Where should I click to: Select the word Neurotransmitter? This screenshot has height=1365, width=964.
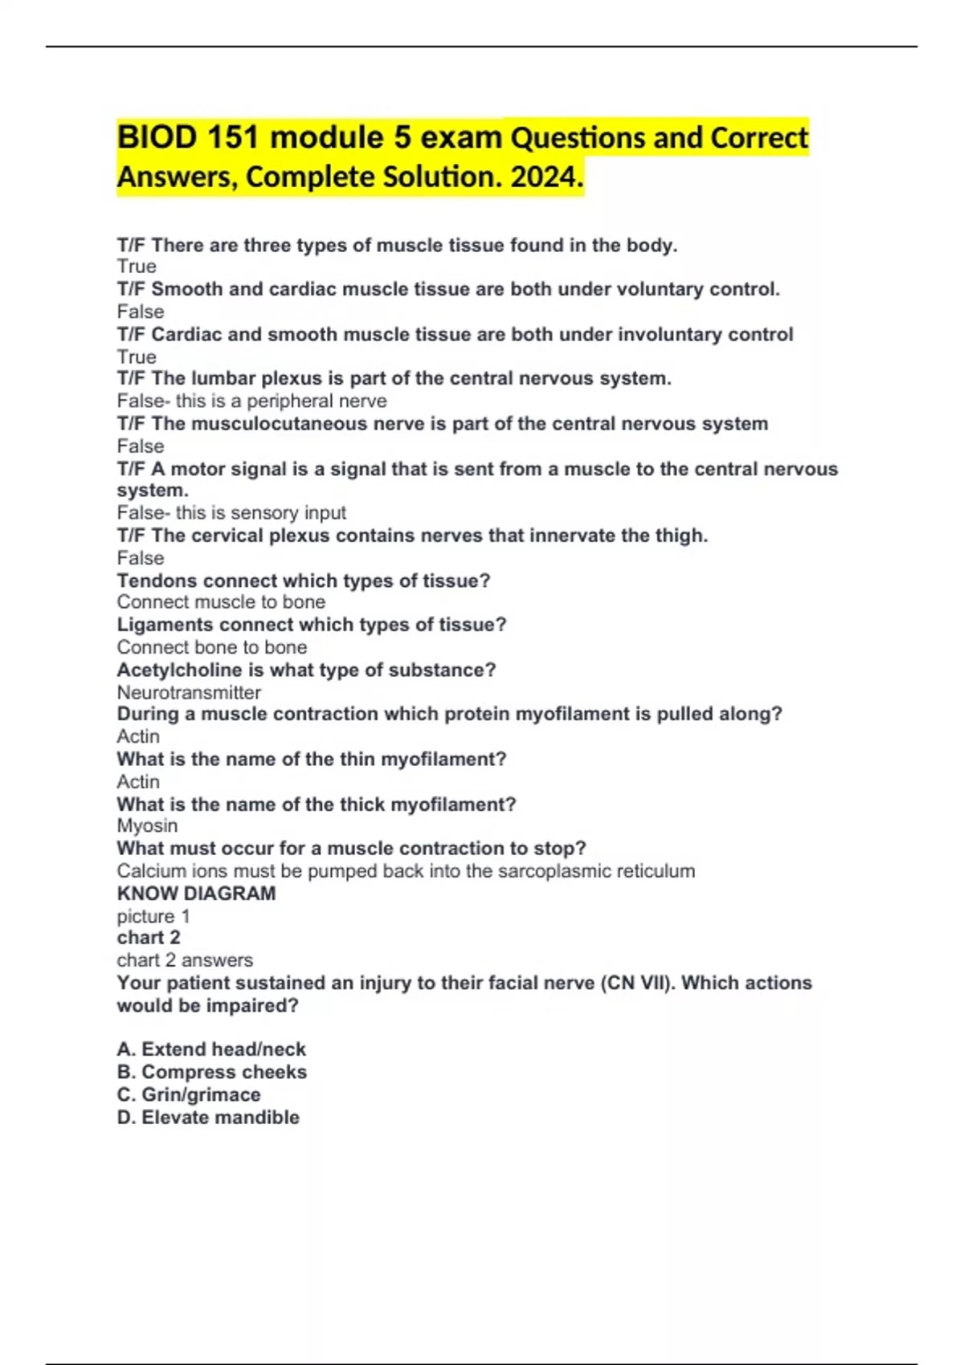coord(189,692)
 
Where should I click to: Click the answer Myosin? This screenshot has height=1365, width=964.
coord(147,825)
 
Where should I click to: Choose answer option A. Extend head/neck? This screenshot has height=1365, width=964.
coord(211,1049)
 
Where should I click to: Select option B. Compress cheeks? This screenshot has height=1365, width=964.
coord(212,1072)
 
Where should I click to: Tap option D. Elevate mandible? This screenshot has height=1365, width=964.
coord(208,1117)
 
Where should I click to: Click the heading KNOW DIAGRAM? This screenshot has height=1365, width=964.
coord(196,893)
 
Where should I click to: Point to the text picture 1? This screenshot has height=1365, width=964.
coord(153,916)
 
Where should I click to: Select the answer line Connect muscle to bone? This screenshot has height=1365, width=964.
coord(221,602)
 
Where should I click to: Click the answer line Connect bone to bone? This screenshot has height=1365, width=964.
coord(212,647)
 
